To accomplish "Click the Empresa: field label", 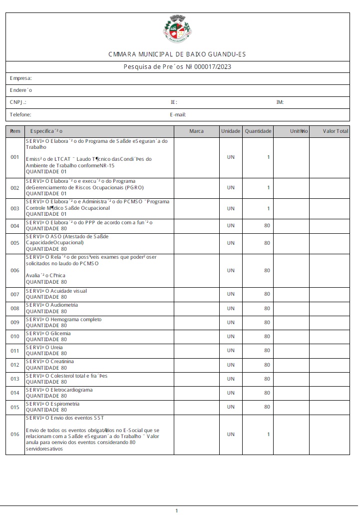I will click(21, 78).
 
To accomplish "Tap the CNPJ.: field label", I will click(18, 102).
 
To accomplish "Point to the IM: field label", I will click(280, 102).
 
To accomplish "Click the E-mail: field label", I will click(178, 114).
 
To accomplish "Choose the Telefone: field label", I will click(20, 114).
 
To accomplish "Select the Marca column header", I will click(196, 131).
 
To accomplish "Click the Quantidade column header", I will click(258, 131).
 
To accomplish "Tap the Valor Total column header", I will click(335, 131).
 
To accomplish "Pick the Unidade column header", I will click(230, 131).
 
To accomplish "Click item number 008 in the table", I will click(15, 309).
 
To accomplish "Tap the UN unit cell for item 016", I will click(231, 435).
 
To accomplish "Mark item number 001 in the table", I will click(15, 157).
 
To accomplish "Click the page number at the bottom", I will click(177, 511).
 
